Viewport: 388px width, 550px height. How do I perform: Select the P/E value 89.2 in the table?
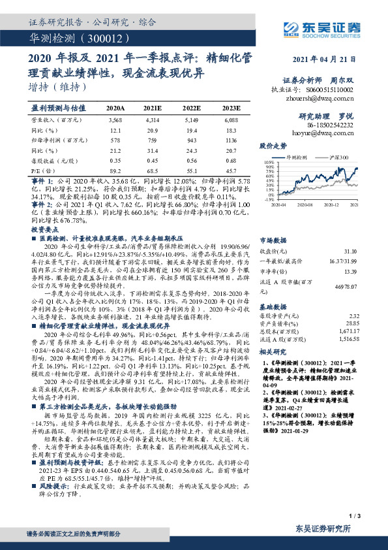(x=115, y=169)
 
